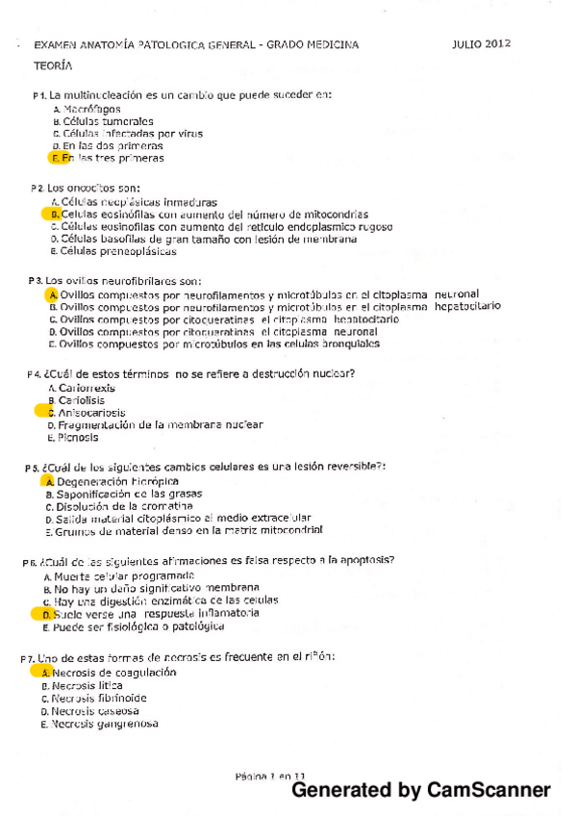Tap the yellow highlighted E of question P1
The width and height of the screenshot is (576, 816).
click(x=56, y=158)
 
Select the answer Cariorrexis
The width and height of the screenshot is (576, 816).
click(x=87, y=388)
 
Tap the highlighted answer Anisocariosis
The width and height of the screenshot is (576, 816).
click(x=91, y=412)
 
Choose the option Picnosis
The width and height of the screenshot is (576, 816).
click(x=78, y=437)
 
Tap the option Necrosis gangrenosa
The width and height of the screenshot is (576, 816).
click(x=105, y=724)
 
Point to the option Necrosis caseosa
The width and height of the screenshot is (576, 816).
click(x=95, y=711)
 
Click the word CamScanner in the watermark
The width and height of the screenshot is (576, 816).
click(x=490, y=791)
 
